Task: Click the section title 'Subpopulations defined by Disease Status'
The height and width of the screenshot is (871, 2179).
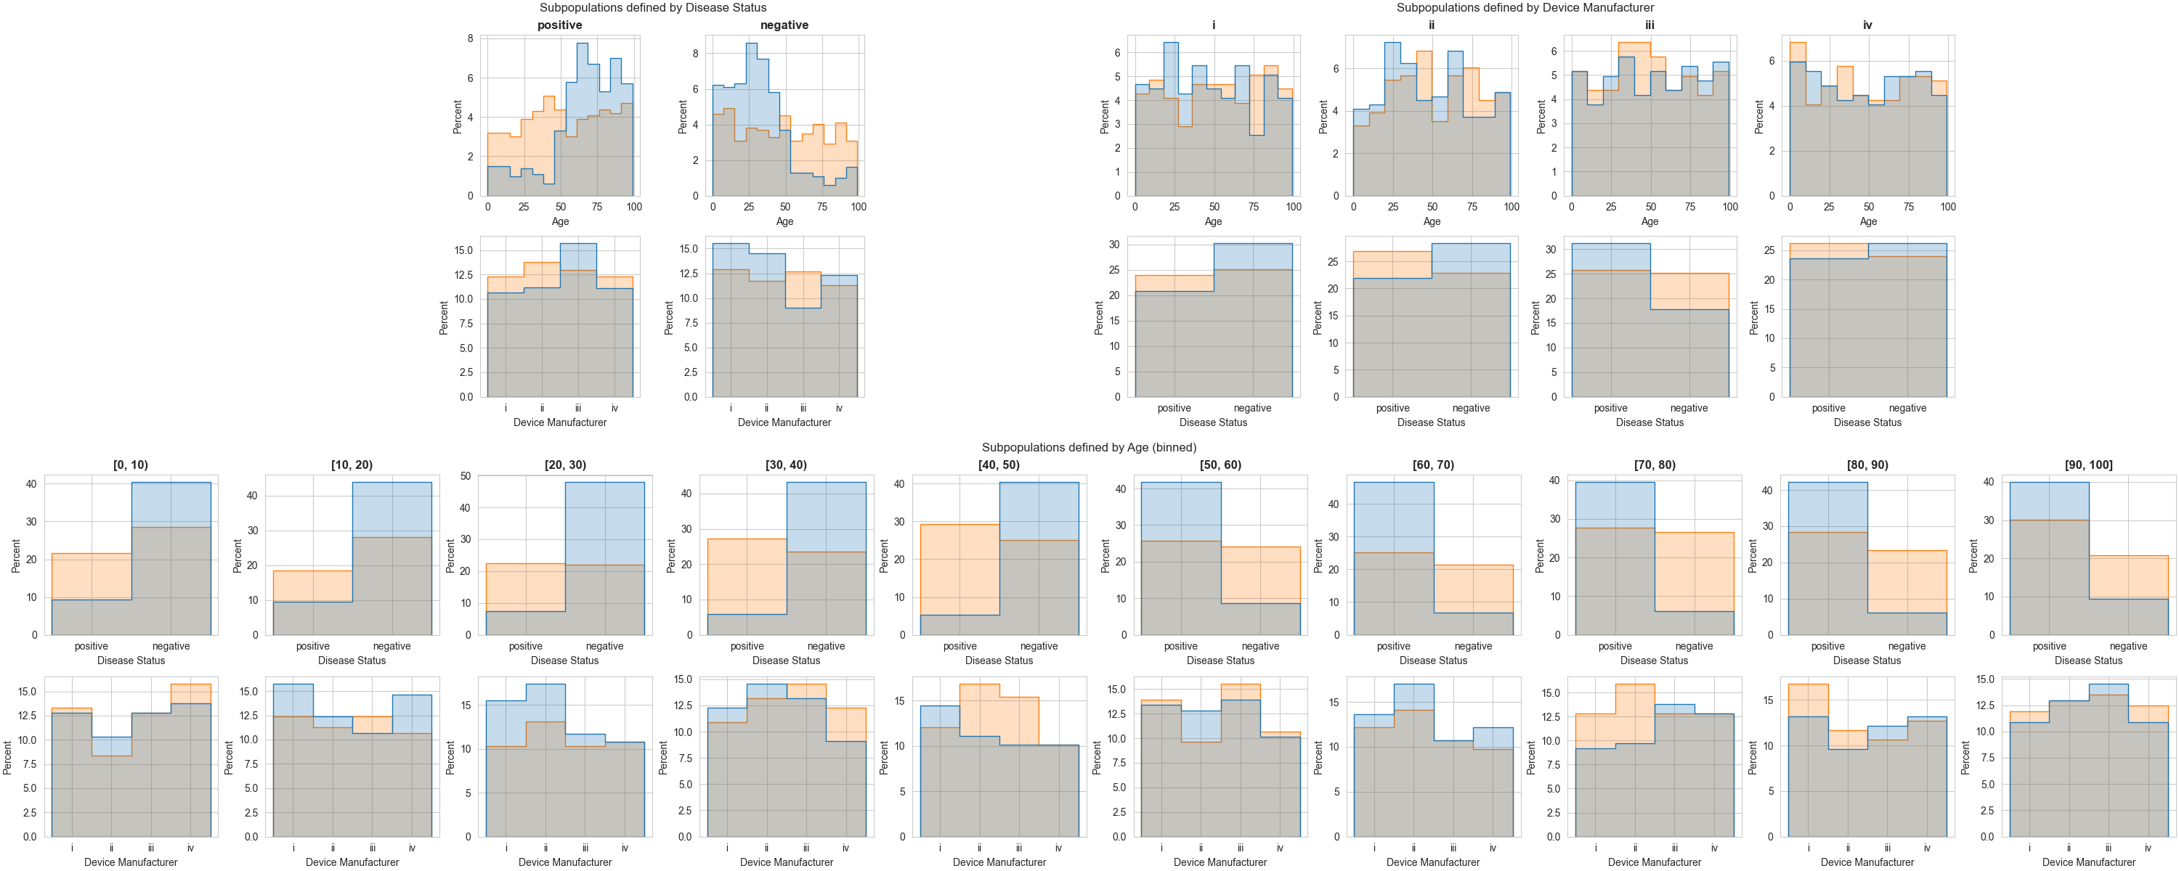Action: tap(652, 7)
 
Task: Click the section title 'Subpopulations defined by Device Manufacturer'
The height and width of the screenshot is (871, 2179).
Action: tap(1525, 7)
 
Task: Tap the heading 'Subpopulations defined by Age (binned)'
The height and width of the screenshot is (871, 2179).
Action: tap(1089, 447)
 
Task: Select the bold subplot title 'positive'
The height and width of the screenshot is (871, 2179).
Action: tap(559, 25)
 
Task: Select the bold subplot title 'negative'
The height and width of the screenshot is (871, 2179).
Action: tap(784, 25)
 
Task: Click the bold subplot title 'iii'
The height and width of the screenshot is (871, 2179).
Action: tap(1650, 25)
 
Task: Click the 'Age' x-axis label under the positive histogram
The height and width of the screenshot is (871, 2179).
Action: tap(560, 221)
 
